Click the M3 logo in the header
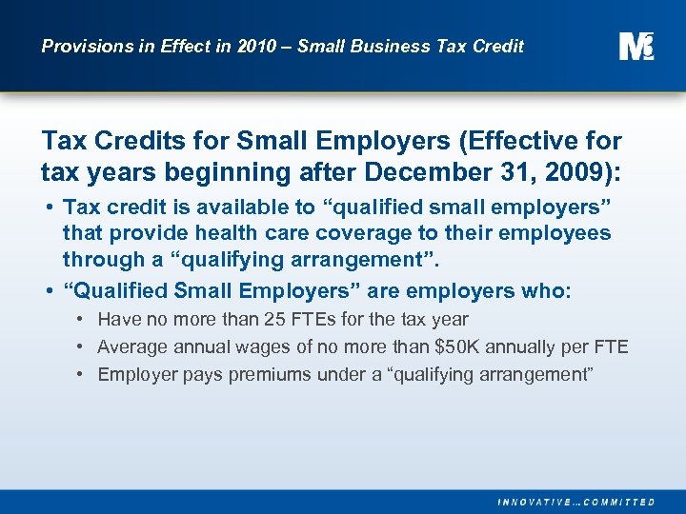(x=636, y=46)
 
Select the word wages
(x=270, y=346)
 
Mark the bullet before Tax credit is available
(x=48, y=207)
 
